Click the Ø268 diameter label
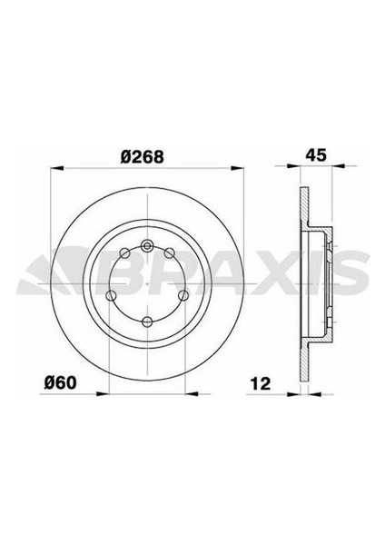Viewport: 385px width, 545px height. [143, 155]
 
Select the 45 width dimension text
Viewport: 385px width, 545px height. [315, 155]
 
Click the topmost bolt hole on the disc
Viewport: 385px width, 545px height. [147, 243]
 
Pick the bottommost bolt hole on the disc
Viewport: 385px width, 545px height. [147, 320]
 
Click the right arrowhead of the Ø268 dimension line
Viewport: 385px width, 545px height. [241, 168]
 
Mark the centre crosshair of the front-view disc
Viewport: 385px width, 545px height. [147, 281]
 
